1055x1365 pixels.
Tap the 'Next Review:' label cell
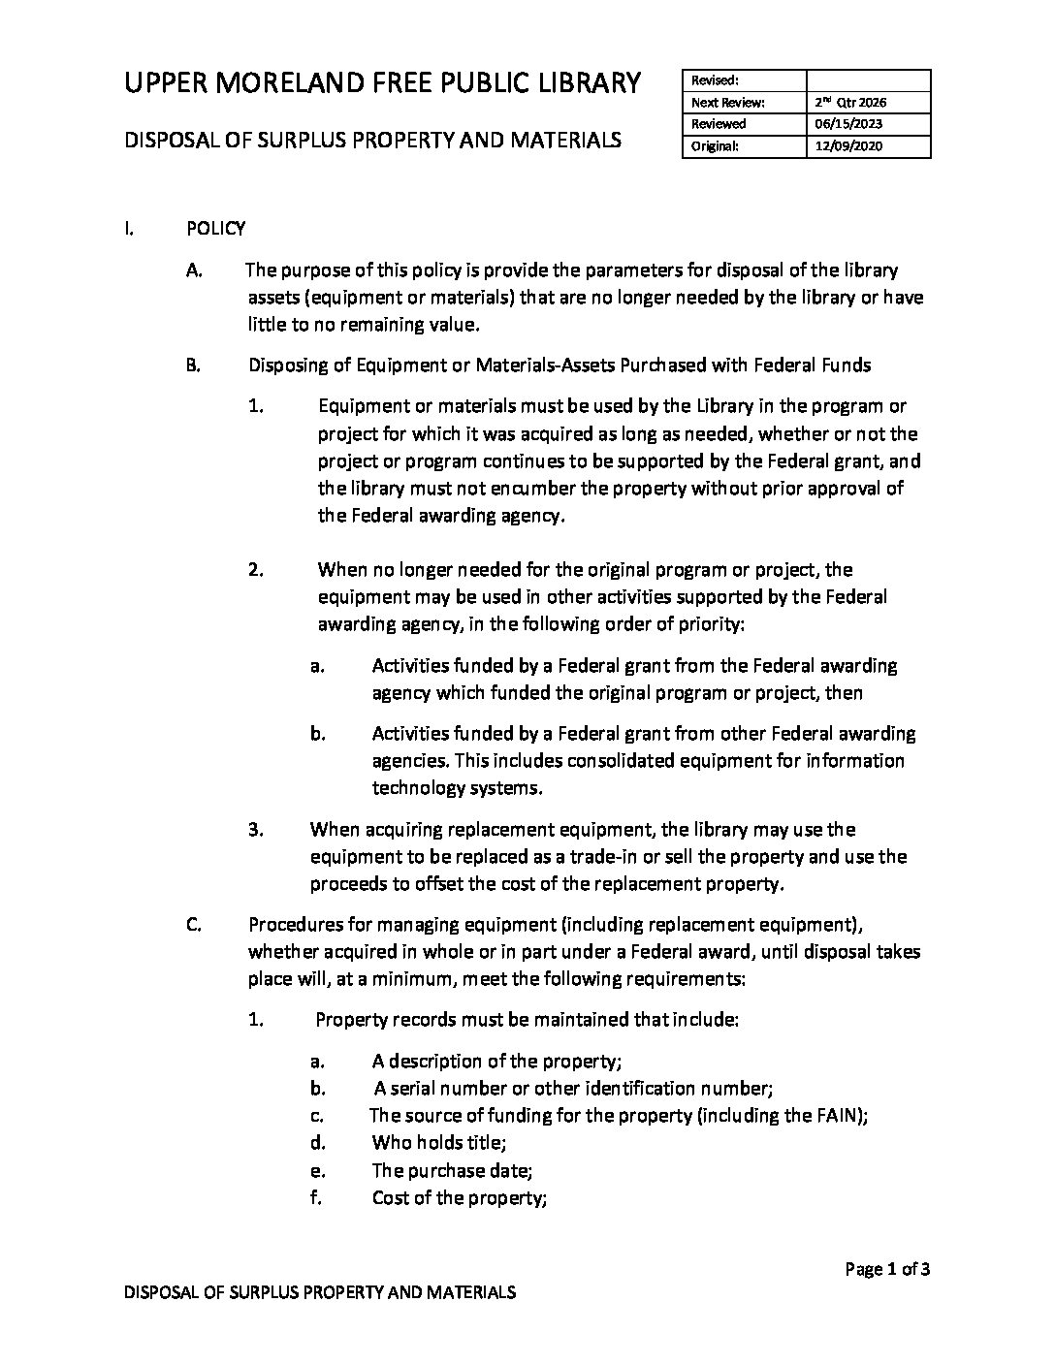727,102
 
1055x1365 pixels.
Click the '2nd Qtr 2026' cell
850,102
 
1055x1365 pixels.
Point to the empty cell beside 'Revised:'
868,80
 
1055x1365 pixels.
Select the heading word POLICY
216,229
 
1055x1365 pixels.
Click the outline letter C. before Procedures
194,925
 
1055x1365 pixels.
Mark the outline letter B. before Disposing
194,365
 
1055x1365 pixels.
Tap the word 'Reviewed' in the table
719,124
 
